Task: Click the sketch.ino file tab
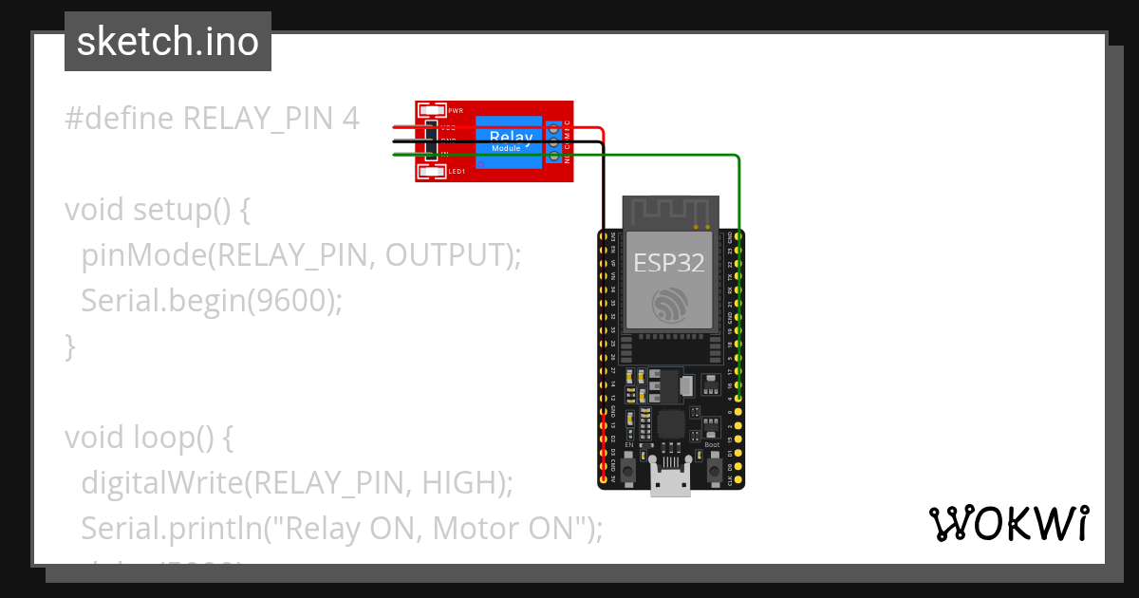(168, 42)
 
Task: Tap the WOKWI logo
(1008, 524)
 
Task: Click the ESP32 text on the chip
(669, 262)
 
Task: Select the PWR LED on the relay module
(432, 110)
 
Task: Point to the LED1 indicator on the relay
(432, 171)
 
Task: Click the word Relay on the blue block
(510, 138)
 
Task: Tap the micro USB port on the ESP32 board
(670, 482)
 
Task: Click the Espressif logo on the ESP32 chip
(670, 304)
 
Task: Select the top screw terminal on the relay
(554, 128)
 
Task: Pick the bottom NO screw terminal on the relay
(554, 157)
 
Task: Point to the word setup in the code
(175, 210)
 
